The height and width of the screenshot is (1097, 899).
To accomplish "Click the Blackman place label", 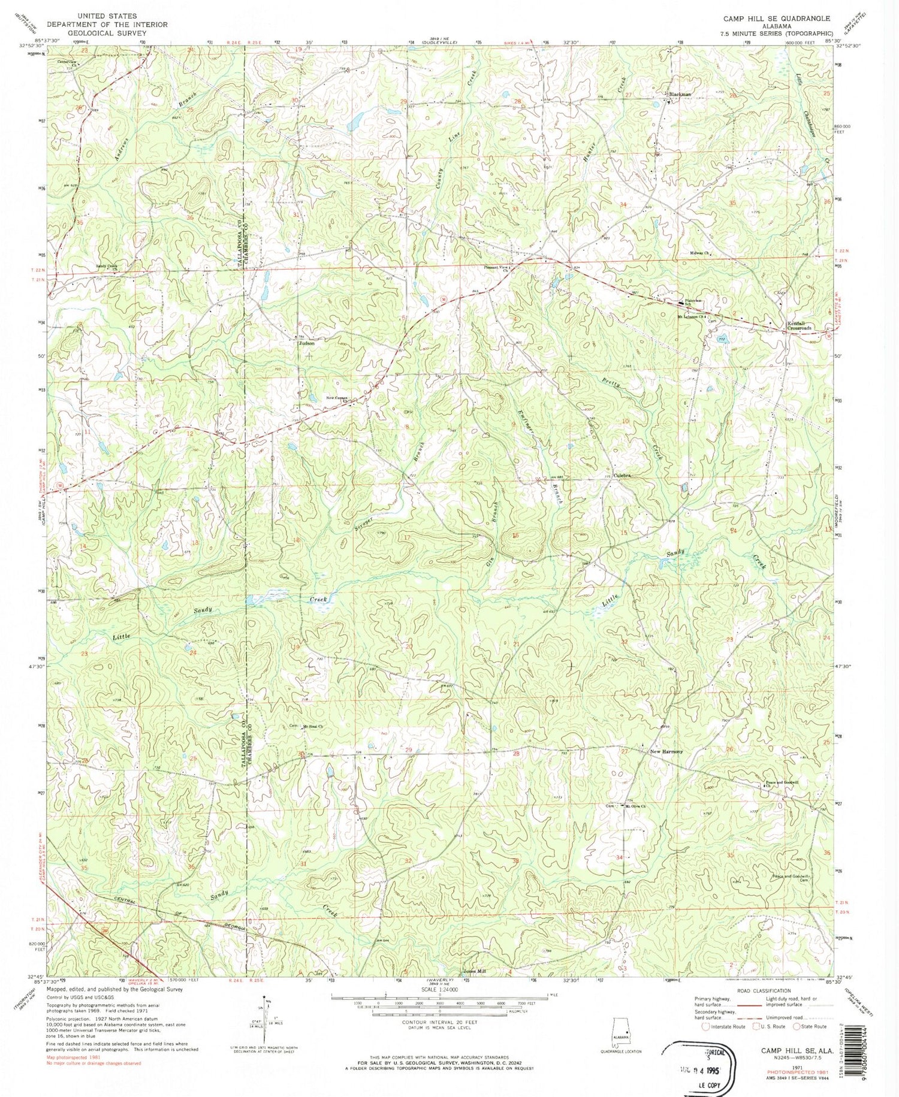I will [x=680, y=94].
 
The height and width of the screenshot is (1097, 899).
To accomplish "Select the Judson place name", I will [x=307, y=344].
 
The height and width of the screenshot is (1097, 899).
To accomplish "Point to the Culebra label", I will [x=623, y=475].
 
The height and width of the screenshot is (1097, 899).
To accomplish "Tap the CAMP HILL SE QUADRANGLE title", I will [x=776, y=19].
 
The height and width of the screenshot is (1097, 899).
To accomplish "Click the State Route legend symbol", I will [x=798, y=1026].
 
